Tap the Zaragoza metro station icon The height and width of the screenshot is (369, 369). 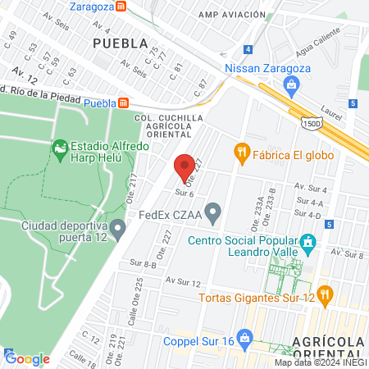coord(121,6)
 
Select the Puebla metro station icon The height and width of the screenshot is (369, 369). coord(124,102)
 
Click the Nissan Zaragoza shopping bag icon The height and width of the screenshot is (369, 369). coord(291,84)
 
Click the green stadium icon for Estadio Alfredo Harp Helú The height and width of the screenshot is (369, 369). coord(59,149)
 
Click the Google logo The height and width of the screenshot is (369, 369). coord(27,358)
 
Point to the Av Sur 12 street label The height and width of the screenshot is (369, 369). coord(183,281)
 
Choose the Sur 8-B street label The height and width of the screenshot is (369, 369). coord(143,263)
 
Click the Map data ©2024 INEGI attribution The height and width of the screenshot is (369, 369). coord(321,362)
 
